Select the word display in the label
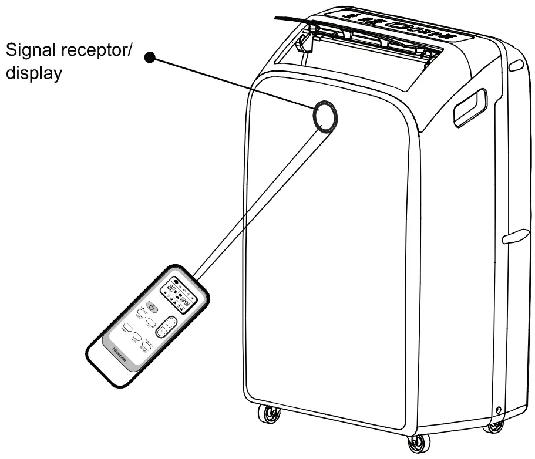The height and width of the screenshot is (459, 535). [34, 76]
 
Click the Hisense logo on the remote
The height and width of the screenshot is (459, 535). [120, 356]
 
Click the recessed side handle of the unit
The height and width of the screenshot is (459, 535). [470, 106]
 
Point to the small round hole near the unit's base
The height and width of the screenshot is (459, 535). [498, 409]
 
